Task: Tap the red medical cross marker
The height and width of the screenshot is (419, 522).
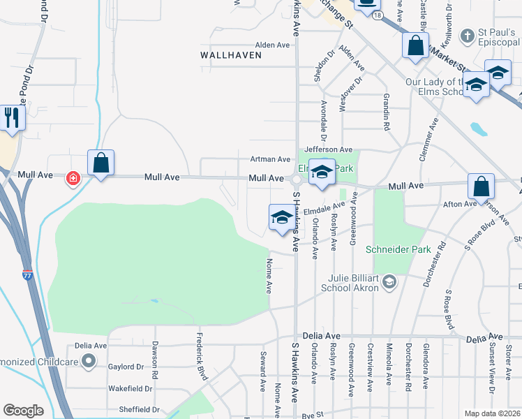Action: pyautogui.click(x=73, y=179)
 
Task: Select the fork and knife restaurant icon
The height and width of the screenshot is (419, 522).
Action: pyautogui.click(x=12, y=117)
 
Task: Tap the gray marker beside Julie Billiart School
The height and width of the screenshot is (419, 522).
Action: pyautogui.click(x=389, y=282)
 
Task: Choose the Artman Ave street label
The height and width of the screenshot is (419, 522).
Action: pyautogui.click(x=271, y=159)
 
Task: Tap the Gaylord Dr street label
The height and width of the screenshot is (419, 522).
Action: pyautogui.click(x=126, y=367)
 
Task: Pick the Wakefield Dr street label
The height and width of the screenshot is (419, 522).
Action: pyautogui.click(x=130, y=388)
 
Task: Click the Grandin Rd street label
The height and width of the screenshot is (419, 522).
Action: pyautogui.click(x=385, y=114)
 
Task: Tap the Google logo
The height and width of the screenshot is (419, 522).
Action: pyautogui.click(x=23, y=411)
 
